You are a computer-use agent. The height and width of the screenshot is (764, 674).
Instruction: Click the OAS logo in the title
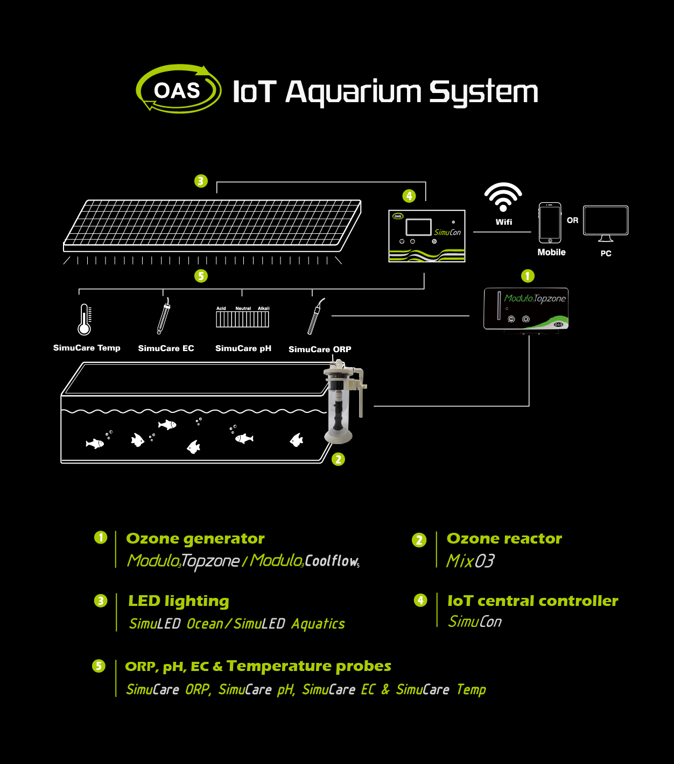(x=178, y=89)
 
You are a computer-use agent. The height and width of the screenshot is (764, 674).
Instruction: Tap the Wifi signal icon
(x=503, y=197)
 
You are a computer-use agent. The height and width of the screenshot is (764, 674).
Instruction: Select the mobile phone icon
(x=550, y=223)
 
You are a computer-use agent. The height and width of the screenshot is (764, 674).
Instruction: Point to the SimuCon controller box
(x=427, y=236)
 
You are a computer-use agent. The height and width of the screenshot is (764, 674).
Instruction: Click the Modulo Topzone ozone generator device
(x=526, y=309)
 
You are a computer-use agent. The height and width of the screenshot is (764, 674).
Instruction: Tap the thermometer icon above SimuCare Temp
(x=85, y=319)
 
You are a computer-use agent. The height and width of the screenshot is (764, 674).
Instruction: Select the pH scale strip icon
(x=242, y=318)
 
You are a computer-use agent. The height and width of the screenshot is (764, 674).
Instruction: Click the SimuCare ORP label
(x=320, y=349)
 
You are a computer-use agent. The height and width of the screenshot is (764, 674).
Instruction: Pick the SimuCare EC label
(x=166, y=348)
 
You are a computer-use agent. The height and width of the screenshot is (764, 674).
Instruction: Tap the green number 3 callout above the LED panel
(x=201, y=181)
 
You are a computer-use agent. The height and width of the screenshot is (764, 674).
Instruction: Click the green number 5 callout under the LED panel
(x=201, y=276)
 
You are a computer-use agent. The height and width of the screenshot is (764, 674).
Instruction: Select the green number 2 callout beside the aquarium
(x=338, y=459)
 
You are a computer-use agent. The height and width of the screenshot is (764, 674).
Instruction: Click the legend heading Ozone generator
(x=195, y=539)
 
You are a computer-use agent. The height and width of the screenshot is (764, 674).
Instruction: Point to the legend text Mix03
(x=470, y=561)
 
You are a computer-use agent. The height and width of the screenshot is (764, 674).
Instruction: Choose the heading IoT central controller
(x=532, y=601)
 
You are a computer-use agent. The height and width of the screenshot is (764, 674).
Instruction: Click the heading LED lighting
(x=179, y=601)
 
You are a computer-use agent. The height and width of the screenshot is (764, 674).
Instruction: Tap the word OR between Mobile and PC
(x=572, y=220)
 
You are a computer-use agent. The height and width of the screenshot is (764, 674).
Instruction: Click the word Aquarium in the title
(x=353, y=92)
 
